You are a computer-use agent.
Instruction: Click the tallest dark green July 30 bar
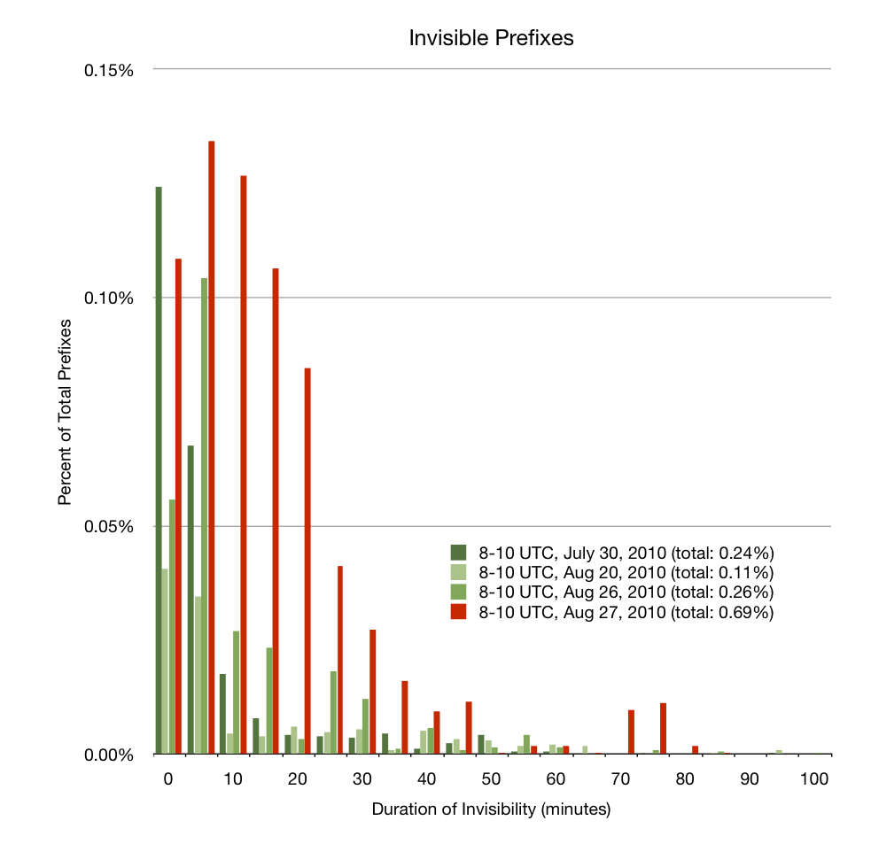[x=159, y=469]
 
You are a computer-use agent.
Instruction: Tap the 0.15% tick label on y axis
[x=108, y=70]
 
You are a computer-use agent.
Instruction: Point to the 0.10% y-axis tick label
[x=108, y=298]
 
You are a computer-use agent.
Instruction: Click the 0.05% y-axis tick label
[x=108, y=527]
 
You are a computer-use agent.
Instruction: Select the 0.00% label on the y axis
[x=108, y=755]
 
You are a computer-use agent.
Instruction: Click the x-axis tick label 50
[x=491, y=780]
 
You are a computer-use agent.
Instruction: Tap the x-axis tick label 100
[x=813, y=780]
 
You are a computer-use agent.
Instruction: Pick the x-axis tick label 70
[x=620, y=780]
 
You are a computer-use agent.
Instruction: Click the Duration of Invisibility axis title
[x=491, y=809]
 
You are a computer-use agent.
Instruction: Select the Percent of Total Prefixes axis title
[x=65, y=411]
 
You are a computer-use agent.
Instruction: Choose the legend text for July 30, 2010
[x=626, y=550]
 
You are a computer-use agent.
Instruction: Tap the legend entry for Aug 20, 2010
[x=626, y=571]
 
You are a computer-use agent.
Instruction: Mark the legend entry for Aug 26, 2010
[x=626, y=592]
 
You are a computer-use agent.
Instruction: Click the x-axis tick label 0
[x=168, y=780]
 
